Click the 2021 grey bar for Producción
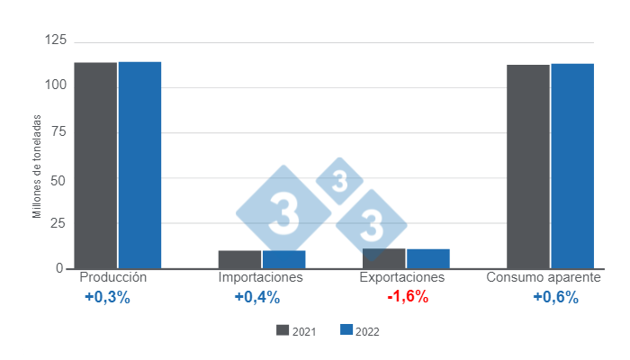coord(95,166)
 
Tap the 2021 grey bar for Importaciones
coord(239,259)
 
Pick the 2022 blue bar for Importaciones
coord(283,259)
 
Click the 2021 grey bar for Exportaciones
coord(384,258)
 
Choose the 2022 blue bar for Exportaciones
coord(428,259)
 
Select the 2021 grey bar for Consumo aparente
coord(528,166)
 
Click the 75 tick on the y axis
coord(58,131)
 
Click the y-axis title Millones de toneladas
coord(38,166)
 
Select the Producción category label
coord(113,277)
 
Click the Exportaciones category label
coord(402,277)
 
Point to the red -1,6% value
coord(408,298)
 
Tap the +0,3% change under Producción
coord(107,298)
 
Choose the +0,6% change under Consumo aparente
coord(555,298)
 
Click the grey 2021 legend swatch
coord(283,330)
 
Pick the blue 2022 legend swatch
coord(346,330)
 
